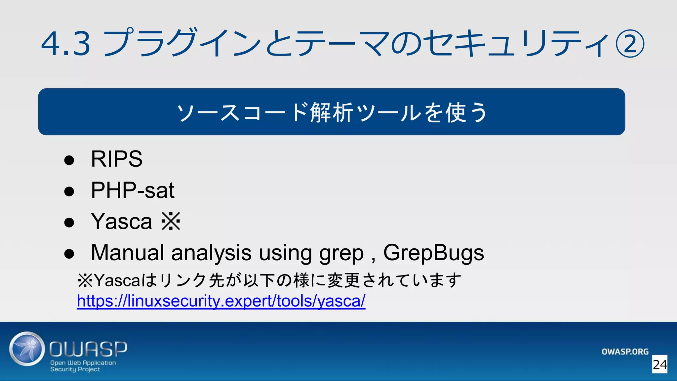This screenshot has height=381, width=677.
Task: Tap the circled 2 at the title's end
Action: tap(630, 44)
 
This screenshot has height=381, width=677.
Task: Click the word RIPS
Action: tap(116, 159)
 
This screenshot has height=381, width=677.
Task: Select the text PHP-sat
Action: tap(132, 190)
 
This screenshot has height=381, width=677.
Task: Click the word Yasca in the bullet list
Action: tap(121, 221)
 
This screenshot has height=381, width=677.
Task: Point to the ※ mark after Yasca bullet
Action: tap(171, 221)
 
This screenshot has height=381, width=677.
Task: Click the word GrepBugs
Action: tap(433, 253)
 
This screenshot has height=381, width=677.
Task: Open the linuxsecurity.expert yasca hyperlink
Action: tap(221, 301)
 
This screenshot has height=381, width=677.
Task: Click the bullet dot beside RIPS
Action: tap(69, 160)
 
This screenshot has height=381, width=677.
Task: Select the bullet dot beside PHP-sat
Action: tap(69, 191)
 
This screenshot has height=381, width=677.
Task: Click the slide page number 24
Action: tap(659, 364)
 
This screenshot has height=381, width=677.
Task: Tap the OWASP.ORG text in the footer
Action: tap(625, 352)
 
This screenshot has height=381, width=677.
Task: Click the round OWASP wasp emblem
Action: tap(27, 349)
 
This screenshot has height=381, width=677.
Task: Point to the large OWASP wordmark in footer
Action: tap(88, 349)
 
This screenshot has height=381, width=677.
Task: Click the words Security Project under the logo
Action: tap(75, 369)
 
